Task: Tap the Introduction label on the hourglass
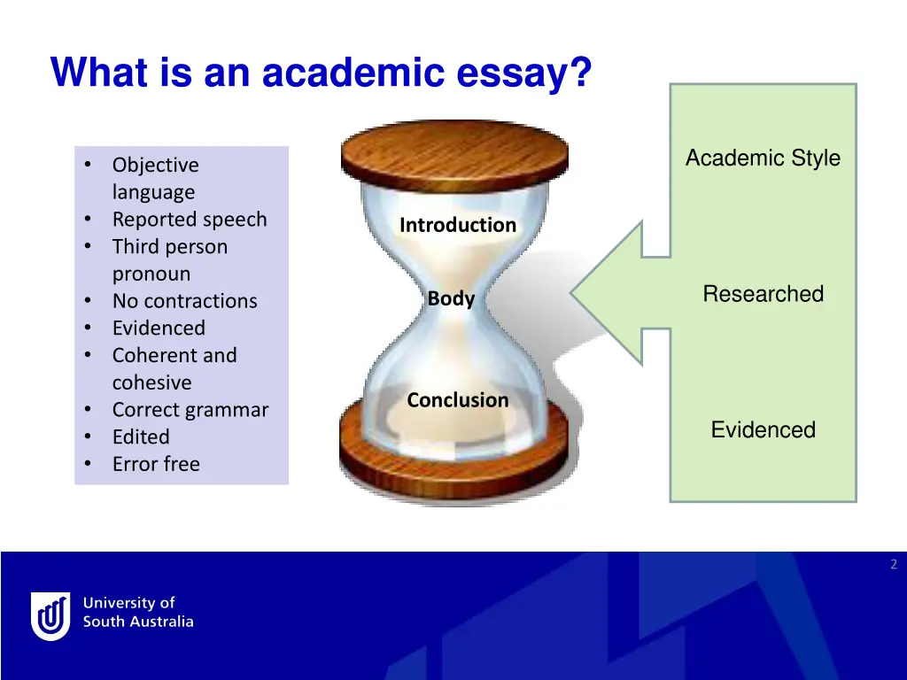click(x=457, y=225)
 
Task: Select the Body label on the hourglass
click(x=451, y=299)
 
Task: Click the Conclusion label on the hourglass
click(x=458, y=400)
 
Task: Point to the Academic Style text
click(x=763, y=158)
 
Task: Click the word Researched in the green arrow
click(x=763, y=294)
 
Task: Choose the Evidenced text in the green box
click(x=763, y=430)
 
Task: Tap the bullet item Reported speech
click(x=189, y=220)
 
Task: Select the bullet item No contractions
click(x=184, y=301)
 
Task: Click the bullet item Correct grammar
click(x=190, y=410)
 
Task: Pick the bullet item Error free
click(x=156, y=464)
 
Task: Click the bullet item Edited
click(x=140, y=437)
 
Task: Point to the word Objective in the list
click(x=155, y=166)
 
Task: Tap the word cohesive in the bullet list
click(x=151, y=383)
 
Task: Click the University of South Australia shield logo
click(x=50, y=615)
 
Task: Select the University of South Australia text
click(x=137, y=613)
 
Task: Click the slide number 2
click(x=893, y=565)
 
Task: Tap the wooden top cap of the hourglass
click(x=454, y=151)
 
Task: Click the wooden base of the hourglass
click(x=454, y=460)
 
